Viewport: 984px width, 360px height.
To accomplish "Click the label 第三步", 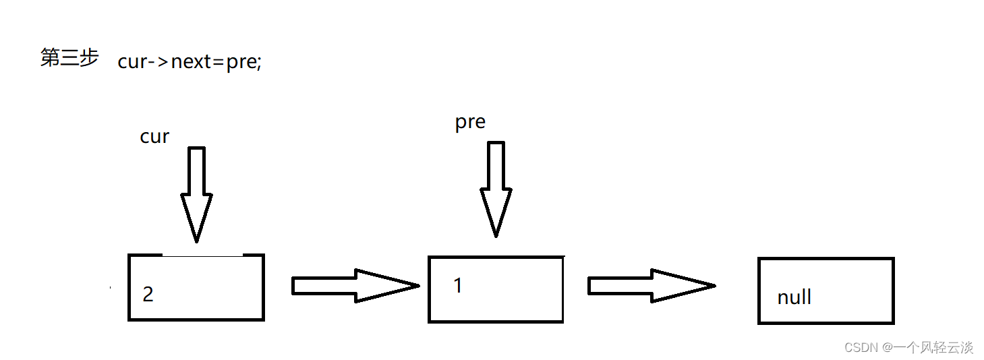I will click(x=69, y=59).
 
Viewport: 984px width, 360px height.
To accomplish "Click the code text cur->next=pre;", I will click(x=189, y=62).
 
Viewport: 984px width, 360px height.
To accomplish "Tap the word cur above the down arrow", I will click(x=154, y=137).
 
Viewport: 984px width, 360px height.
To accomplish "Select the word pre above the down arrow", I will click(x=470, y=122).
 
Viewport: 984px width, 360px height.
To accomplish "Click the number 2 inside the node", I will click(x=148, y=295).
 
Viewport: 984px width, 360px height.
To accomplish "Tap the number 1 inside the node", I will click(x=458, y=285).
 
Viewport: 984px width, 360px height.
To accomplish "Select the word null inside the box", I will click(x=794, y=297).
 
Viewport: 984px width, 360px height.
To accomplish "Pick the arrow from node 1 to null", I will click(x=650, y=286).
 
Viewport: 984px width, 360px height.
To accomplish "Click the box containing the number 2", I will click(x=196, y=287).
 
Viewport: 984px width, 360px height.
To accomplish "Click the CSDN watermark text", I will click(x=908, y=347).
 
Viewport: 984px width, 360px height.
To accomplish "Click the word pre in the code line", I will click(x=241, y=62).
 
